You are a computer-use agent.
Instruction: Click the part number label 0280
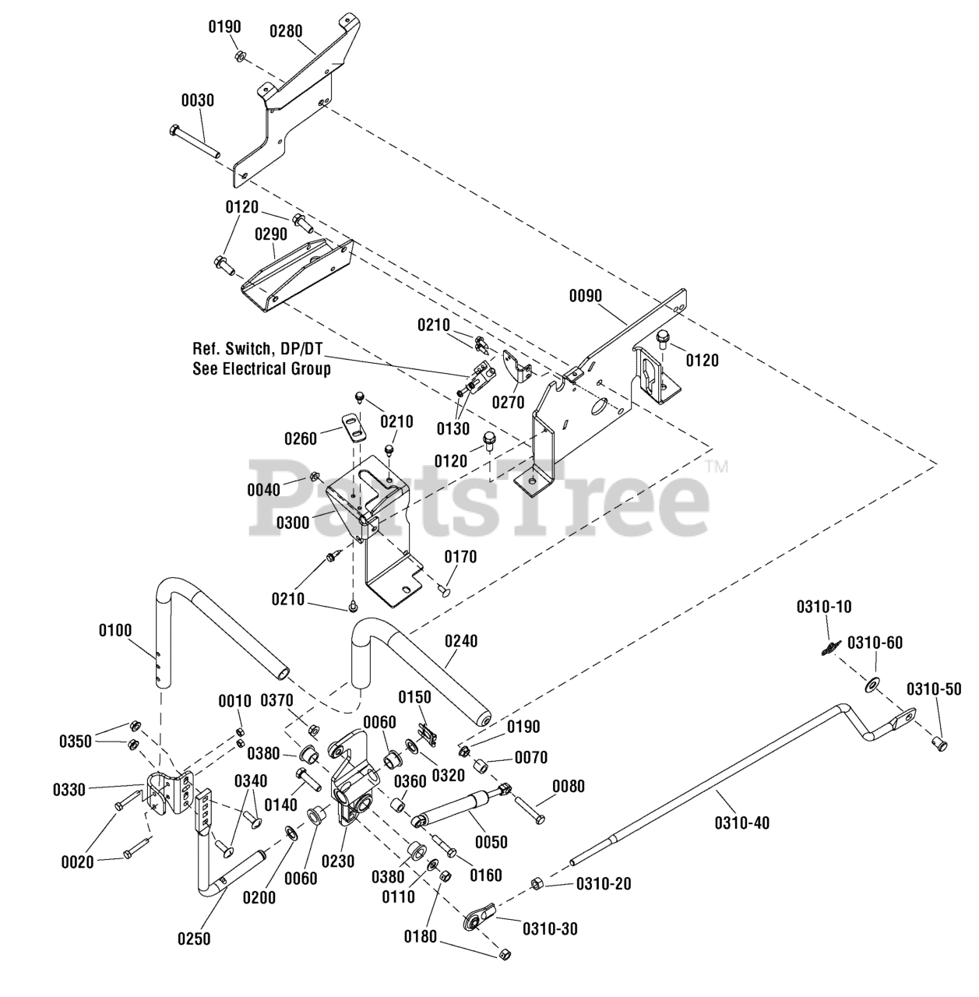pyautogui.click(x=286, y=31)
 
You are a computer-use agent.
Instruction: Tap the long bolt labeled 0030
pyautogui.click(x=195, y=141)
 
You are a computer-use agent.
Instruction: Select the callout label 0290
pyautogui.click(x=270, y=234)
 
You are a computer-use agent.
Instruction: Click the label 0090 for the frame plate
pyautogui.click(x=585, y=296)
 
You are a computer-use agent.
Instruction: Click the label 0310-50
pyautogui.click(x=934, y=689)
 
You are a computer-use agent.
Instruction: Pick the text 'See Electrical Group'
pyautogui.click(x=262, y=369)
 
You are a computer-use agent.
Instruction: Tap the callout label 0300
pyautogui.click(x=292, y=523)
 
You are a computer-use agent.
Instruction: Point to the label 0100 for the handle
pyautogui.click(x=114, y=631)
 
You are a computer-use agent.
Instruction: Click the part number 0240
pyautogui.click(x=461, y=642)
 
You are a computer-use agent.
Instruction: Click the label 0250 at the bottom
pyautogui.click(x=194, y=939)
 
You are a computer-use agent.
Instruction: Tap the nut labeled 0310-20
pyautogui.click(x=536, y=883)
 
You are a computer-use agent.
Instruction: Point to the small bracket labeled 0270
pyautogui.click(x=516, y=368)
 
